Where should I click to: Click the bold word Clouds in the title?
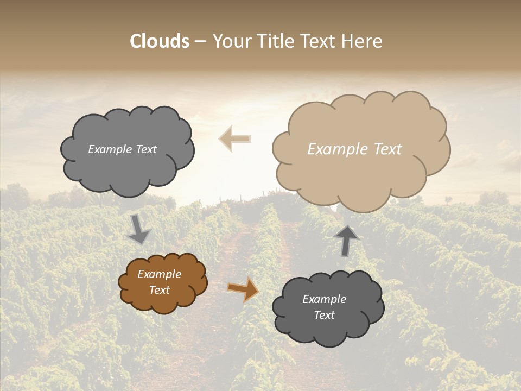click(x=160, y=41)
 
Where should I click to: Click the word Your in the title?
click(x=230, y=41)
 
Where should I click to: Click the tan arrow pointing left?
click(x=234, y=138)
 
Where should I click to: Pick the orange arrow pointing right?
click(x=243, y=289)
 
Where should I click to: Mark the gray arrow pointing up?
click(x=347, y=239)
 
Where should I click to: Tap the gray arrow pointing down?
click(x=138, y=229)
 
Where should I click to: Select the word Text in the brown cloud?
click(x=160, y=290)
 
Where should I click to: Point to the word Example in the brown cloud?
click(x=160, y=274)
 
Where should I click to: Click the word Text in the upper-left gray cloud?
click(x=145, y=149)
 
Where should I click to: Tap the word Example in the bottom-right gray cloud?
click(x=324, y=299)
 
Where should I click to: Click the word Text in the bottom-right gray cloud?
click(x=324, y=315)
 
